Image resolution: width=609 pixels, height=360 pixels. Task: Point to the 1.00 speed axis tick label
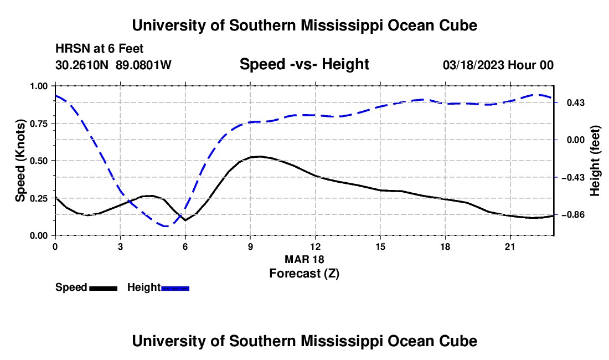[38, 86]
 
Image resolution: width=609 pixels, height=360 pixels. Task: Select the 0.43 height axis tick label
[576, 103]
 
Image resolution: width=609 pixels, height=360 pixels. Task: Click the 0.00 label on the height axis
[576, 140]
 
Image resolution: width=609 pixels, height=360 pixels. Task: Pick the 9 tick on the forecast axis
[250, 246]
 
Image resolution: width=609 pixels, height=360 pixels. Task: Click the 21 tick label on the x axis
[510, 246]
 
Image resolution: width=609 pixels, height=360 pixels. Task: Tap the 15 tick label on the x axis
[380, 246]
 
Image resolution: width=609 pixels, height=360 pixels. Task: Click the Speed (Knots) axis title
[20, 161]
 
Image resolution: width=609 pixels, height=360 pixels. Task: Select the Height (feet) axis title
[595, 161]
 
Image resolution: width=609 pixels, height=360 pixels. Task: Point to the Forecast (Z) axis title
[304, 274]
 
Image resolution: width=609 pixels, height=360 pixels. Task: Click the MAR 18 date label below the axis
[304, 259]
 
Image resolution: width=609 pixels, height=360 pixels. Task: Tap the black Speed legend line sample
[104, 288]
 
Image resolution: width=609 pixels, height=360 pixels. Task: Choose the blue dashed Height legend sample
[175, 288]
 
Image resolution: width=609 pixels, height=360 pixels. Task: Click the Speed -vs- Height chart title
[304, 64]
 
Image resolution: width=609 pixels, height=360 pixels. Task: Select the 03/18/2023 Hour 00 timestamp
[498, 65]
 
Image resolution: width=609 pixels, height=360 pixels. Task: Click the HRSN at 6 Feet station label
[100, 49]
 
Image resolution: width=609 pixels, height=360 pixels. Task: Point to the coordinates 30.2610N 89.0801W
[113, 65]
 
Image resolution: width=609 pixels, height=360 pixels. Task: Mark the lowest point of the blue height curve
[166, 226]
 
